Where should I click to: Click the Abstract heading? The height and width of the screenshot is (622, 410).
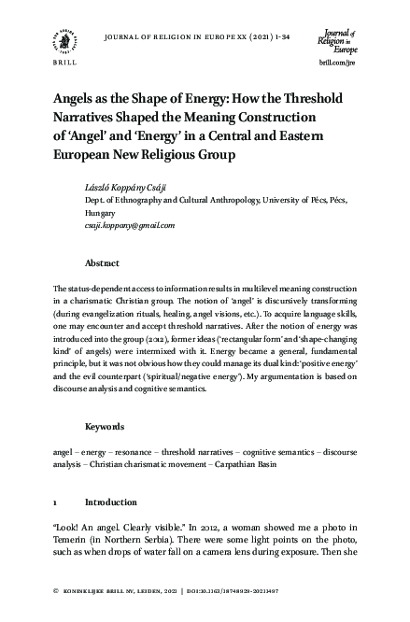point(102,263)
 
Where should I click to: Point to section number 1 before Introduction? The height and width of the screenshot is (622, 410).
point(56,502)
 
